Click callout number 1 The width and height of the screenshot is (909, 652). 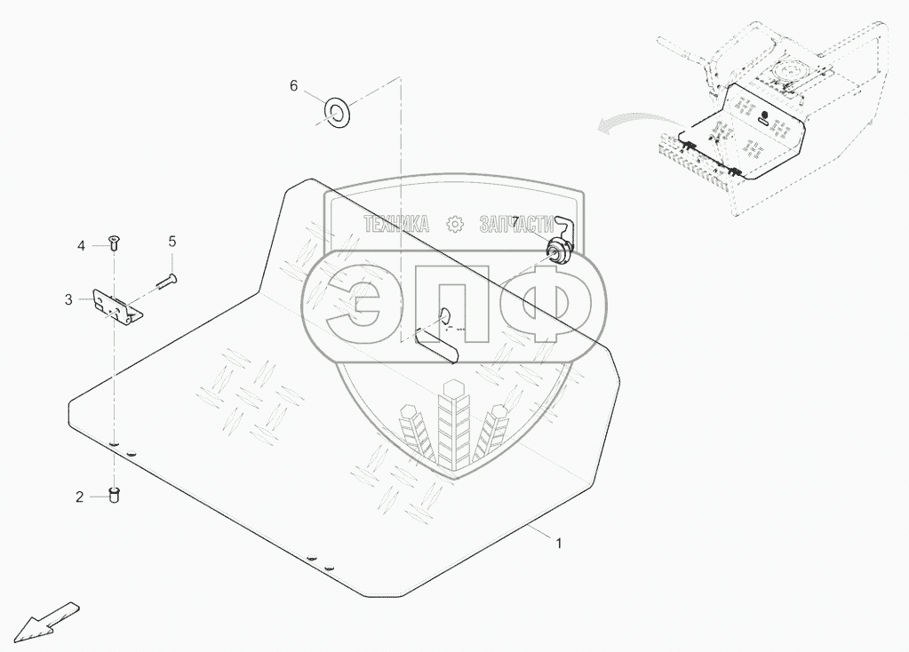(x=558, y=544)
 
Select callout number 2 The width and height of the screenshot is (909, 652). (x=79, y=497)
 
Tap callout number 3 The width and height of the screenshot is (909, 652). (x=68, y=300)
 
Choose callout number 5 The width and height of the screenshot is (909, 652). (x=172, y=241)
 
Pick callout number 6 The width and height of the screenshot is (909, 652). (x=294, y=85)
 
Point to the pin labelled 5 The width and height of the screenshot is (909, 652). (x=164, y=282)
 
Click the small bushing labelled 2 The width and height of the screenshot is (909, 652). (x=115, y=494)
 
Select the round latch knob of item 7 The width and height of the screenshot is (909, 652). (x=559, y=252)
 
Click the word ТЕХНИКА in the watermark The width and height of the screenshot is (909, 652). (x=397, y=225)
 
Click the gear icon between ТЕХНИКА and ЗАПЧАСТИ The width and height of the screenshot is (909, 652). (x=456, y=225)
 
